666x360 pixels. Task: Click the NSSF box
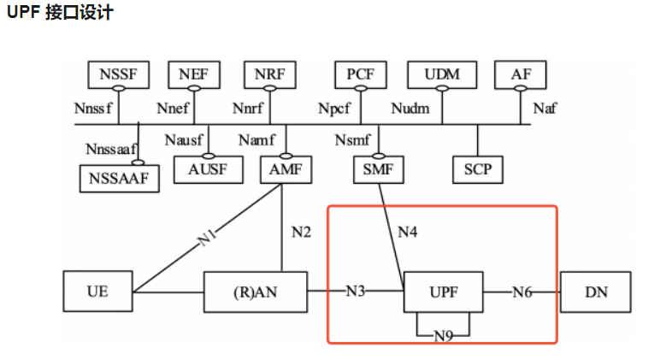click(118, 74)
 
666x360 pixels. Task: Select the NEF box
click(193, 74)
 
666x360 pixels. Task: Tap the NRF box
click(269, 74)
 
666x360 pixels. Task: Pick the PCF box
click(360, 74)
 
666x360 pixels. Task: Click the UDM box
click(442, 74)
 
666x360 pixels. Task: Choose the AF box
click(521, 74)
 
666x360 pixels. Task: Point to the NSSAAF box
click(120, 178)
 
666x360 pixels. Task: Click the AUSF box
click(206, 169)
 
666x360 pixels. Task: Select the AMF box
click(286, 169)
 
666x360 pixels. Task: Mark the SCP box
click(477, 169)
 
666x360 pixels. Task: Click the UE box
click(97, 292)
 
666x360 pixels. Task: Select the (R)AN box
click(255, 292)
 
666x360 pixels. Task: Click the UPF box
click(443, 292)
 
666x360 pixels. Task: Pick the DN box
click(596, 292)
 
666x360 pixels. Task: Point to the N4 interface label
click(410, 231)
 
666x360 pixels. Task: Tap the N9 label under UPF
click(443, 336)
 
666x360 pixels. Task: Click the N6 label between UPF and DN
click(522, 292)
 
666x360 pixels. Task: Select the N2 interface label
click(302, 231)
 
